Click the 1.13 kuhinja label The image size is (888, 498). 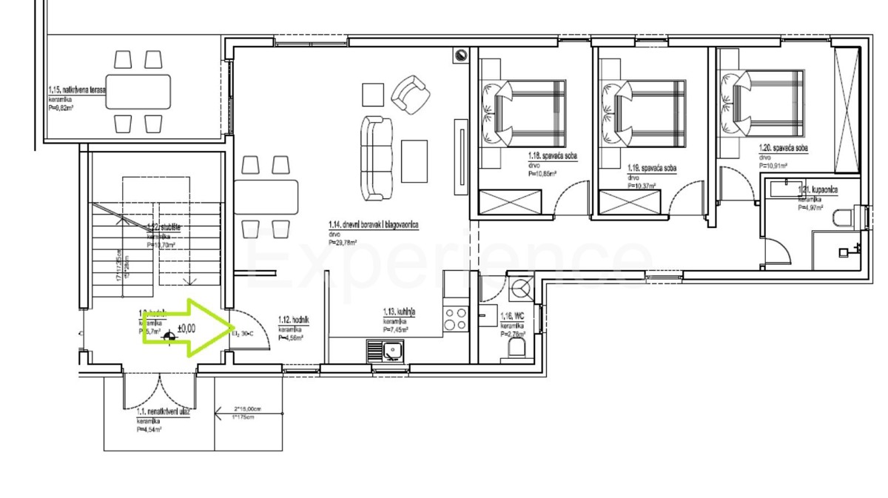[399, 313]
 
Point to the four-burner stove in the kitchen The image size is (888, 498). [454, 319]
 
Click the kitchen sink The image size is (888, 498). [386, 350]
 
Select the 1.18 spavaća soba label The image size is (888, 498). [553, 157]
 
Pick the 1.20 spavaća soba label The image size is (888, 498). [783, 149]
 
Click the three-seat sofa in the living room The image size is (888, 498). [377, 158]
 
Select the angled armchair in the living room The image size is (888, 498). [411, 93]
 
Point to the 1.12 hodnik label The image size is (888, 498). [293, 320]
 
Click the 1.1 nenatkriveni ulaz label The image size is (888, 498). [164, 412]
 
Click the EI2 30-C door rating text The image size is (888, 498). [242, 334]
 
